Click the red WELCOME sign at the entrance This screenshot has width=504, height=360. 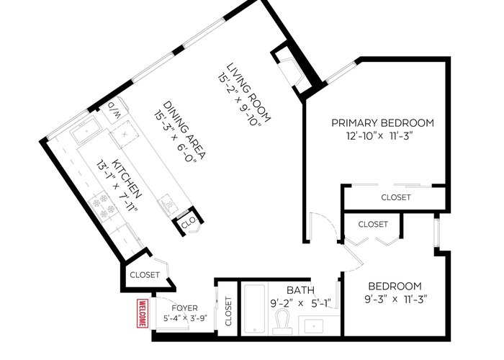tap(143, 313)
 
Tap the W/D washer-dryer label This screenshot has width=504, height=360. tap(114, 110)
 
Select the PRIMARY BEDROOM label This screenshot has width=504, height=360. tap(382, 123)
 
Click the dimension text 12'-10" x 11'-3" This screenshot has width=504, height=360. tap(379, 136)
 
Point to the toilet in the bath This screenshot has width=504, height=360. tap(283, 322)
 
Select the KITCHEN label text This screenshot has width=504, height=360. tap(126, 178)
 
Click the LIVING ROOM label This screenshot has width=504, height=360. tap(248, 93)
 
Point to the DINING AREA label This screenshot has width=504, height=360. tap(184, 130)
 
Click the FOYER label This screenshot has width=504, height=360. tap(184, 308)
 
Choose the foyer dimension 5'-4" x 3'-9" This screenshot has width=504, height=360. tap(185, 318)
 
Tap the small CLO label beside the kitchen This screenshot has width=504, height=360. tap(188, 222)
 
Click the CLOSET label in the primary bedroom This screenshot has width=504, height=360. tap(396, 197)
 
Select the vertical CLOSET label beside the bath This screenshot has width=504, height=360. tap(228, 311)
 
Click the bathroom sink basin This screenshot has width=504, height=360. tap(314, 327)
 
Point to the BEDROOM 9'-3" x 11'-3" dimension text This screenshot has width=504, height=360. tap(395, 300)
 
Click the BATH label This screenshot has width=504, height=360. tap(300, 290)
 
